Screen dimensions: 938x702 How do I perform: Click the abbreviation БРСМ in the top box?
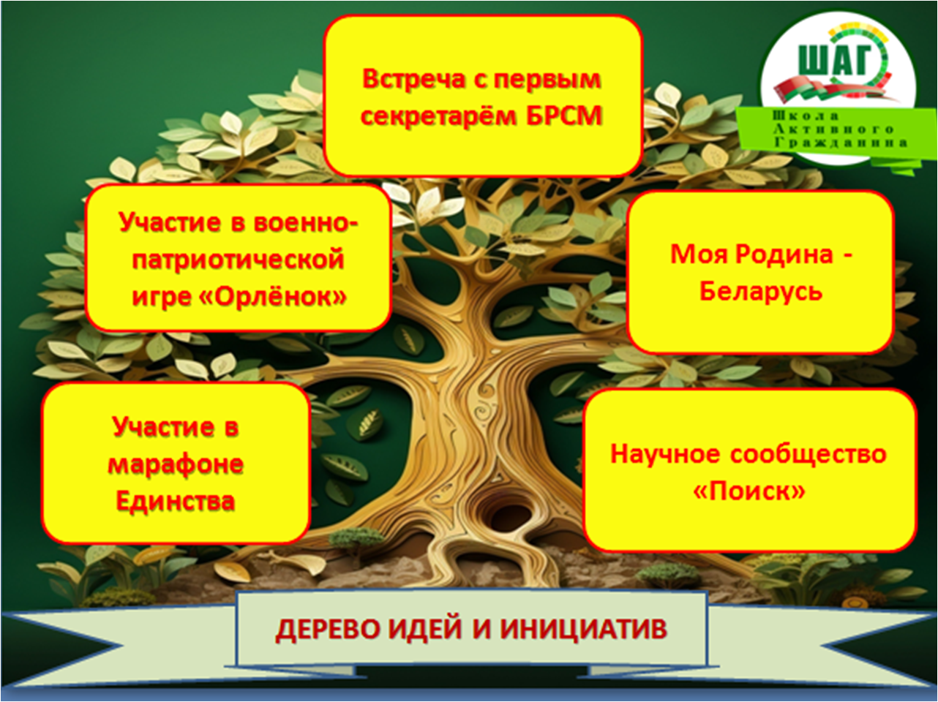(564, 116)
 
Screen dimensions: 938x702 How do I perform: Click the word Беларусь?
(761, 292)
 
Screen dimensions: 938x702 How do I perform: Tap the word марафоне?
(176, 464)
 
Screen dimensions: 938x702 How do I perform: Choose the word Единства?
(176, 501)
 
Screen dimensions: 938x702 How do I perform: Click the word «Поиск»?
(749, 491)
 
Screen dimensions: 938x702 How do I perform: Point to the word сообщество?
(808, 454)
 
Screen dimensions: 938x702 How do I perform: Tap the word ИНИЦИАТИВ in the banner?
(583, 629)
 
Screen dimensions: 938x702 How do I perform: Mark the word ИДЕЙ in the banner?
(428, 629)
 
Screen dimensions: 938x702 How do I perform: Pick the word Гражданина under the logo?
(841, 143)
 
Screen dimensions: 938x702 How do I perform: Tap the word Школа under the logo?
(805, 116)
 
